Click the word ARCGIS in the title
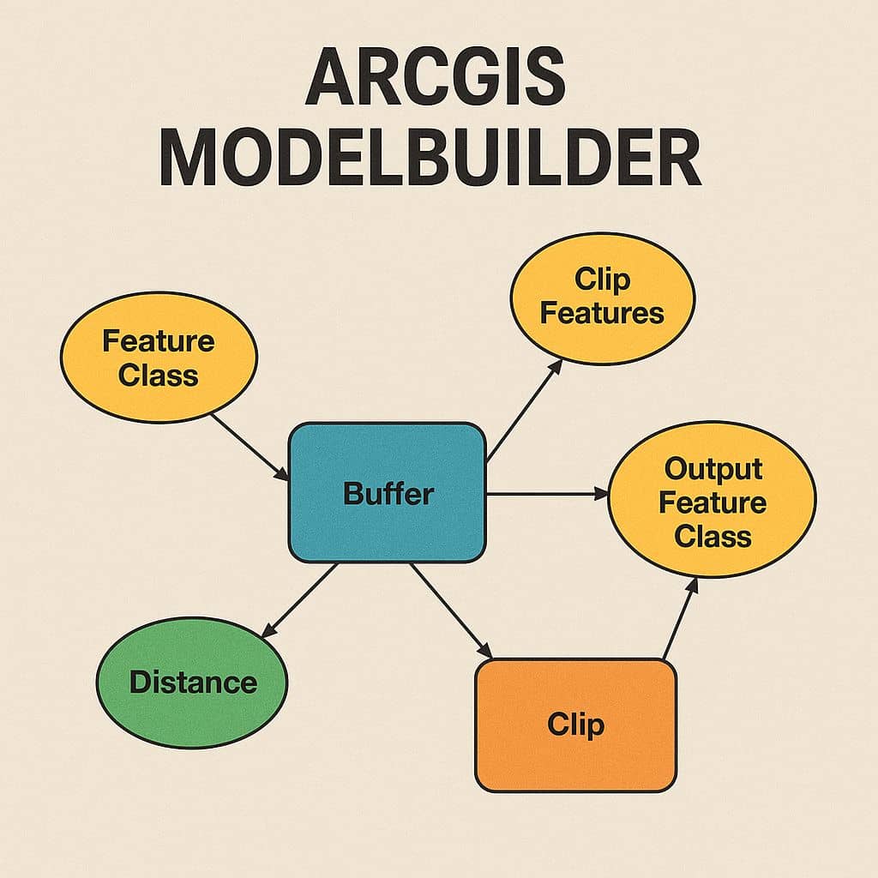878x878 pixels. tap(436, 76)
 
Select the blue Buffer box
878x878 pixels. tap(387, 493)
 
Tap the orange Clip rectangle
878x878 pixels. tap(575, 725)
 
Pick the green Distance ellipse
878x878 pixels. tap(192, 683)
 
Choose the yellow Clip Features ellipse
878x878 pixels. tap(603, 298)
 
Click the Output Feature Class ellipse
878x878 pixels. tap(712, 500)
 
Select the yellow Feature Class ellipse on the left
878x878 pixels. tap(159, 358)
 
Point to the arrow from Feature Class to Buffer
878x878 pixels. tap(250, 448)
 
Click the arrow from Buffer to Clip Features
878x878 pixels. tap(525, 411)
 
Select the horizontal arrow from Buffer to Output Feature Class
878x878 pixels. tap(547, 494)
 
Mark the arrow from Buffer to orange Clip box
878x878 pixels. tap(451, 610)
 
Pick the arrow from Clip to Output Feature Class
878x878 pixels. tap(680, 618)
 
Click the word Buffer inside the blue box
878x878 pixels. tap(388, 493)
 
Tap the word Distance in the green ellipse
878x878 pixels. tap(193, 683)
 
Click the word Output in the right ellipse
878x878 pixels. tap(713, 469)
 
